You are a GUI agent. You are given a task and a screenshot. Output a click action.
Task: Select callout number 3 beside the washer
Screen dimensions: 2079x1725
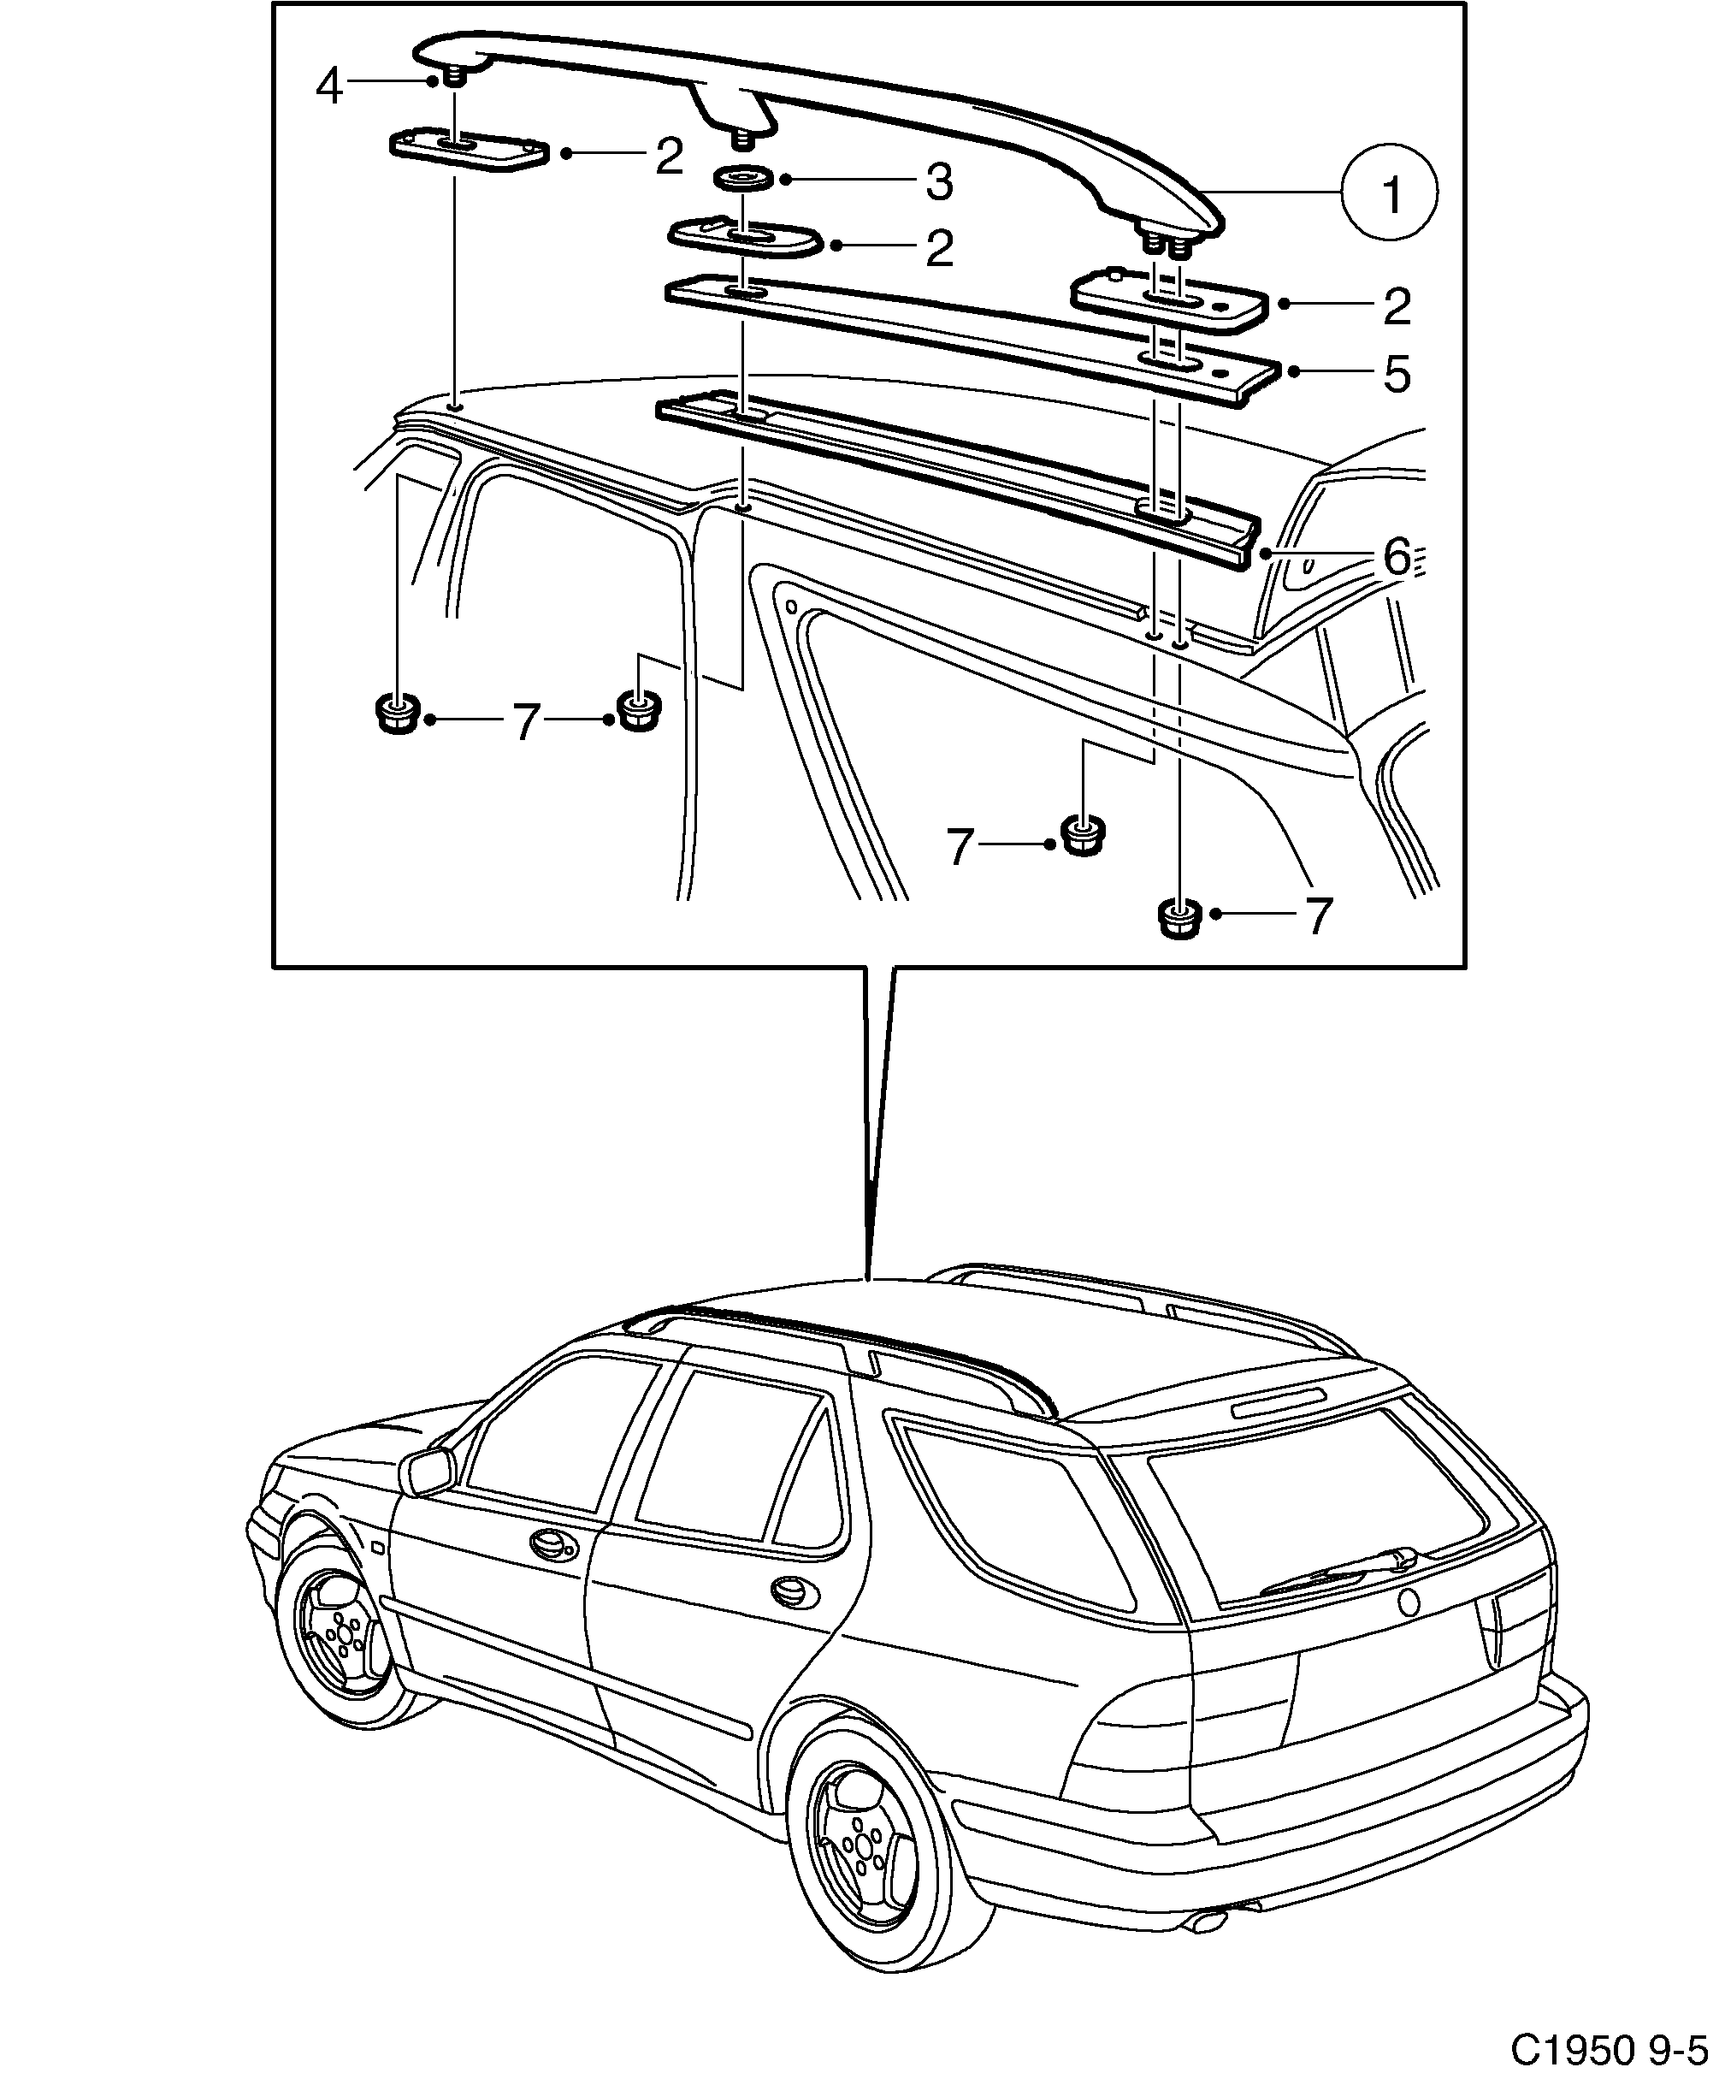[x=937, y=182]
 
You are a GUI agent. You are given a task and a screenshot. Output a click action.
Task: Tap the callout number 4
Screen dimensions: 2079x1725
[x=328, y=86]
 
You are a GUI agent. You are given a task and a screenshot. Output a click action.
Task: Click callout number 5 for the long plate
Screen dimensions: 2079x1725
[x=1396, y=374]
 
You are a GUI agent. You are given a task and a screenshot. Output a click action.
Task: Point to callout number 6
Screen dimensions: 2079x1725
[x=1396, y=557]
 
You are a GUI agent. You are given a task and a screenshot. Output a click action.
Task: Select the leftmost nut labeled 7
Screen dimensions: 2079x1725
[x=397, y=713]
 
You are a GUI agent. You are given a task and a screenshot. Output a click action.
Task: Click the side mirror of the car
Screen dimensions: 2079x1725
[x=427, y=1472]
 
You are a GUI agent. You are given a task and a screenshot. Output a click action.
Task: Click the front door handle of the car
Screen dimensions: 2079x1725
[x=546, y=1543]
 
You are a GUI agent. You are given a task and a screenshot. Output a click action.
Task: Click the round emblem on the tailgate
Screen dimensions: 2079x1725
[x=1409, y=1602]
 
